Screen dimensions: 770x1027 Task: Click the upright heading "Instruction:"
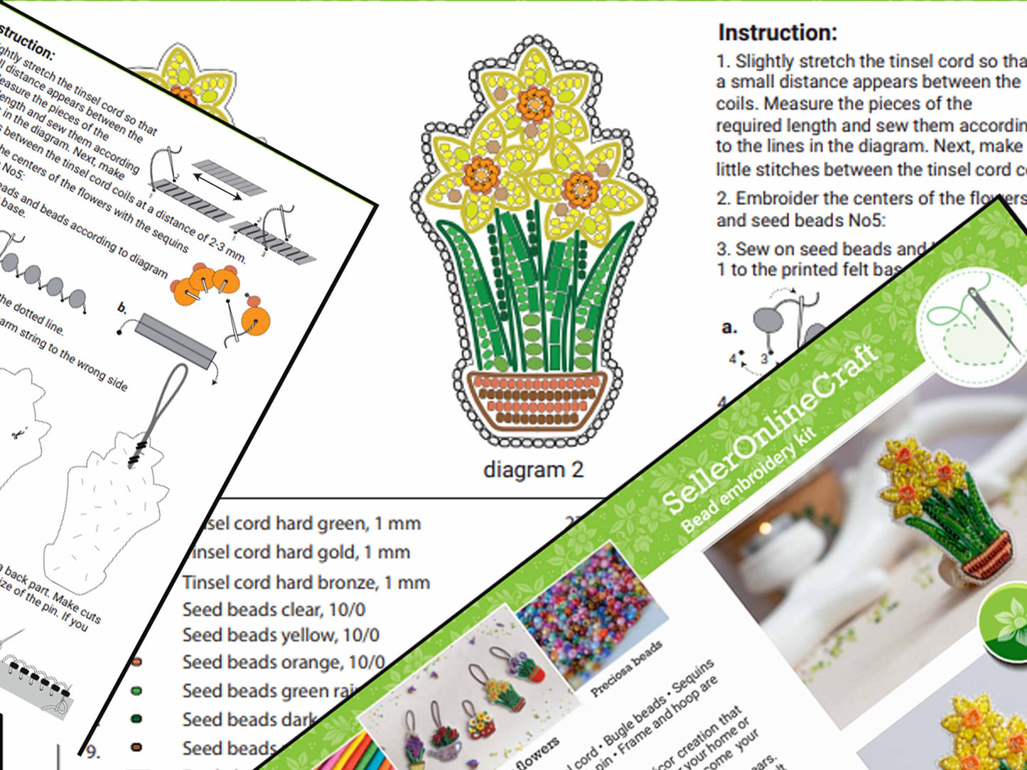coord(778,33)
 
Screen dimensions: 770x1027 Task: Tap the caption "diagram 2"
coord(533,470)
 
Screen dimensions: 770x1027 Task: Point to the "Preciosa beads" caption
coord(626,668)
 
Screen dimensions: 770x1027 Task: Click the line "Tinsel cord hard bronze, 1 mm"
coord(306,582)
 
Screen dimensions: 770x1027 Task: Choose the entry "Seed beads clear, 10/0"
coord(274,609)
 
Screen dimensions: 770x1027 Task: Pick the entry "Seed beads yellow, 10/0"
coord(281,635)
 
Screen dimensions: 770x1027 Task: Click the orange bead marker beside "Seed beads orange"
coord(136,662)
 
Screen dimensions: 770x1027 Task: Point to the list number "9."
coord(93,751)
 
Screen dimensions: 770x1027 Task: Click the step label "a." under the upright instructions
coord(728,327)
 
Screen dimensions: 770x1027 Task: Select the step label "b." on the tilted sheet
coord(122,308)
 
